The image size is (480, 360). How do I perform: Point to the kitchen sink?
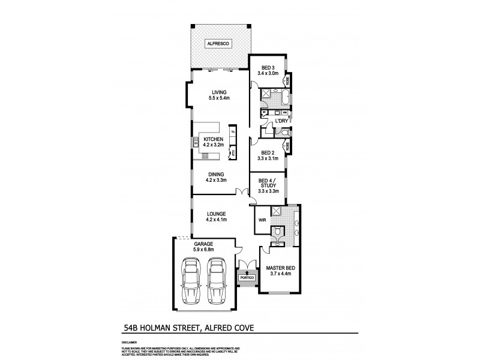(x=196, y=142)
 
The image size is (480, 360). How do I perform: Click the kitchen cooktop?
(x=205, y=156)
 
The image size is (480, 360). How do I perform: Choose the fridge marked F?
(x=234, y=130)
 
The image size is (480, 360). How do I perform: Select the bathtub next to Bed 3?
(x=282, y=97)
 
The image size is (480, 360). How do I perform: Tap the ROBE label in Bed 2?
(x=288, y=146)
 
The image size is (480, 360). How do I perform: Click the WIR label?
(x=262, y=220)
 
